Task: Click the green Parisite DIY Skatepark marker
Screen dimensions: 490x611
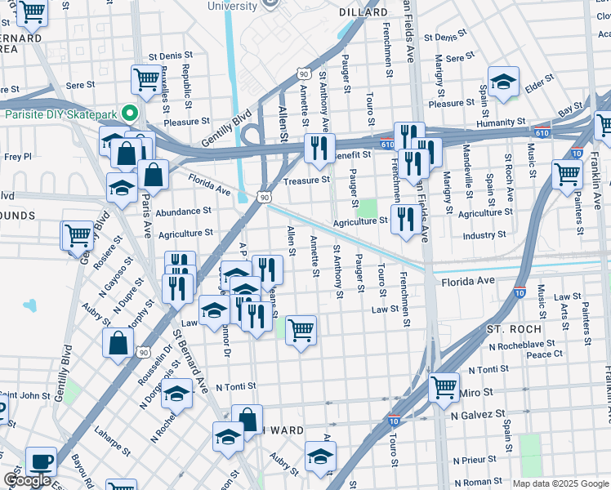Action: (x=127, y=114)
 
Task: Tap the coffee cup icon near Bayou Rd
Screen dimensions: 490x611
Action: (x=41, y=461)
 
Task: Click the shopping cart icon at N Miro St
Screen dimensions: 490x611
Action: (x=444, y=386)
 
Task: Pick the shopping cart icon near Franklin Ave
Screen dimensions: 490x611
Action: (x=567, y=173)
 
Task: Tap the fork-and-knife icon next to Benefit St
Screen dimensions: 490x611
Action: (x=319, y=147)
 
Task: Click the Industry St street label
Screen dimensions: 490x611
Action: (x=484, y=235)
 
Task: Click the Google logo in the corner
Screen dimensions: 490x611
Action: (x=27, y=480)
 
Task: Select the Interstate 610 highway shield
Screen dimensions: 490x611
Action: (x=386, y=144)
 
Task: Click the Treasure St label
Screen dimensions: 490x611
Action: (x=306, y=180)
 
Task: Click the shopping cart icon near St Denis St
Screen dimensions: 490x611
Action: (x=146, y=79)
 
